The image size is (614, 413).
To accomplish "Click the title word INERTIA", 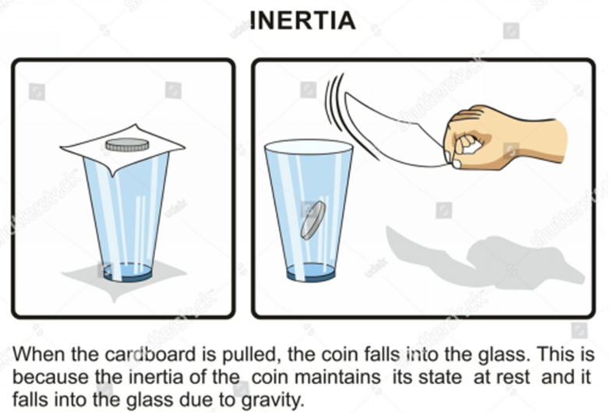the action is (x=302, y=20).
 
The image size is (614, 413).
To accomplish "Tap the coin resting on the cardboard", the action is (x=127, y=144).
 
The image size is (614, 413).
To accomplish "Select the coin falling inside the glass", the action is (x=313, y=220).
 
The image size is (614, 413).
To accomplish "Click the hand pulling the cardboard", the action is (x=505, y=137).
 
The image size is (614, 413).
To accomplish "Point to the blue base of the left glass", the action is (x=128, y=272).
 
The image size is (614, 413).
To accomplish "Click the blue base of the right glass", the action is (x=312, y=272).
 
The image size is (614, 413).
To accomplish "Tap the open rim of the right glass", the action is (x=309, y=146).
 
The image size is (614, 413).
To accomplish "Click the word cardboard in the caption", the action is (x=150, y=355).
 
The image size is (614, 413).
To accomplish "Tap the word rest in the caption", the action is (x=513, y=377).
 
